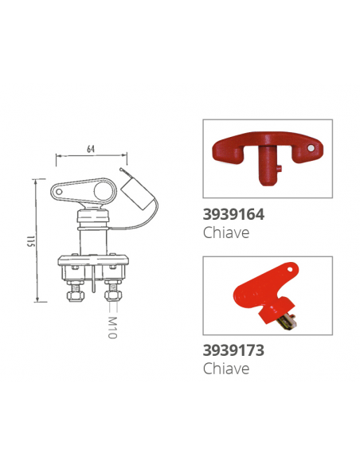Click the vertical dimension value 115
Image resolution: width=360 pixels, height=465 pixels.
tap(25, 241)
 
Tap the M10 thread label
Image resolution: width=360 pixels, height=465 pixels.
tap(112, 326)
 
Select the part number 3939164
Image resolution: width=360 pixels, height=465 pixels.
tap(234, 214)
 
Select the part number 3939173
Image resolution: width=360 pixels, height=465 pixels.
tap(234, 350)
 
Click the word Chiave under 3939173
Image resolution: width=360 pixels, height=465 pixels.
tap(226, 368)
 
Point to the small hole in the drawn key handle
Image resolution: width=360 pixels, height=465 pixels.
tap(61, 191)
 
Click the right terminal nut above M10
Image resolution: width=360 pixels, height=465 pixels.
tap(112, 295)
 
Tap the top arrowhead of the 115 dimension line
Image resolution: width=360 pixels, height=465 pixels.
tap(36, 181)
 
